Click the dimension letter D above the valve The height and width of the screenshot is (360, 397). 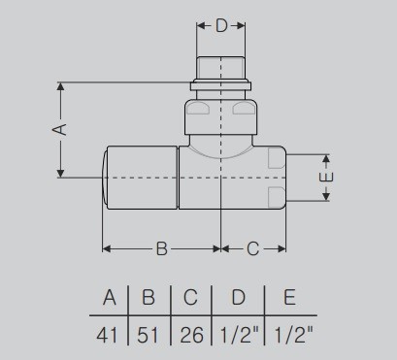[x=221, y=25]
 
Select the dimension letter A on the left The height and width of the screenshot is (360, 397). [x=59, y=129]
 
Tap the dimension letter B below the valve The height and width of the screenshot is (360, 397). [x=162, y=248]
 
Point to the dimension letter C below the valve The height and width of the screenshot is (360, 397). [x=253, y=248]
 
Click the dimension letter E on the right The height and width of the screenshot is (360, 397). [x=327, y=178]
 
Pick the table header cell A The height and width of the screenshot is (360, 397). [x=110, y=297]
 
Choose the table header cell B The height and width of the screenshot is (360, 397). [x=149, y=297]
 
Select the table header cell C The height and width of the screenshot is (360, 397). [x=190, y=297]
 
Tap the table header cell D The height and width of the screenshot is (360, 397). [x=239, y=297]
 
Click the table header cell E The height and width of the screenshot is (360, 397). [x=289, y=297]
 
